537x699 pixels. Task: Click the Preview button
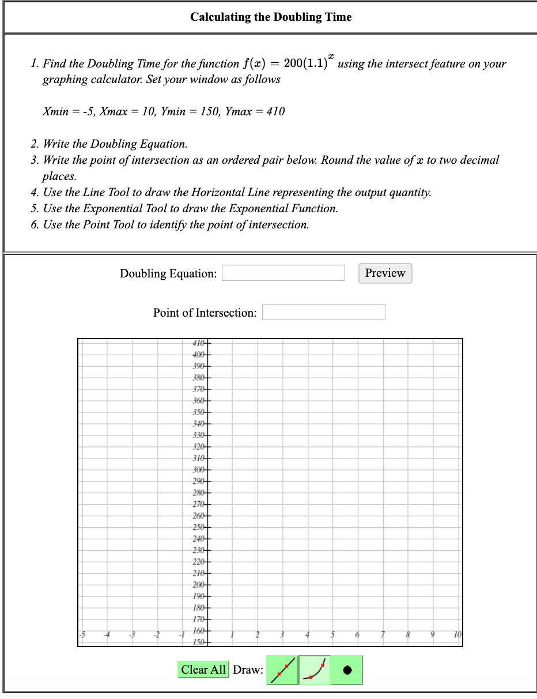tap(385, 273)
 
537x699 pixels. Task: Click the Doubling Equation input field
tap(283, 273)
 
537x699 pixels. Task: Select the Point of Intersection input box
tap(323, 312)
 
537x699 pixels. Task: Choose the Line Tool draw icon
tap(282, 670)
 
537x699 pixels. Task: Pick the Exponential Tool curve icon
tap(315, 670)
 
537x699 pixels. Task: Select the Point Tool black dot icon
tap(347, 670)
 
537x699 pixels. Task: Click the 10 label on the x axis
tap(457, 634)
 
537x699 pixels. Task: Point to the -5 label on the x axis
tap(82, 634)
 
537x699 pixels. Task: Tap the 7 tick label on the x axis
tap(383, 634)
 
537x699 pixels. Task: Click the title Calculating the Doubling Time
tap(271, 17)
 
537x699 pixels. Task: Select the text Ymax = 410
tap(255, 111)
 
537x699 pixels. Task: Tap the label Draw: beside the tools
tap(248, 670)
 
